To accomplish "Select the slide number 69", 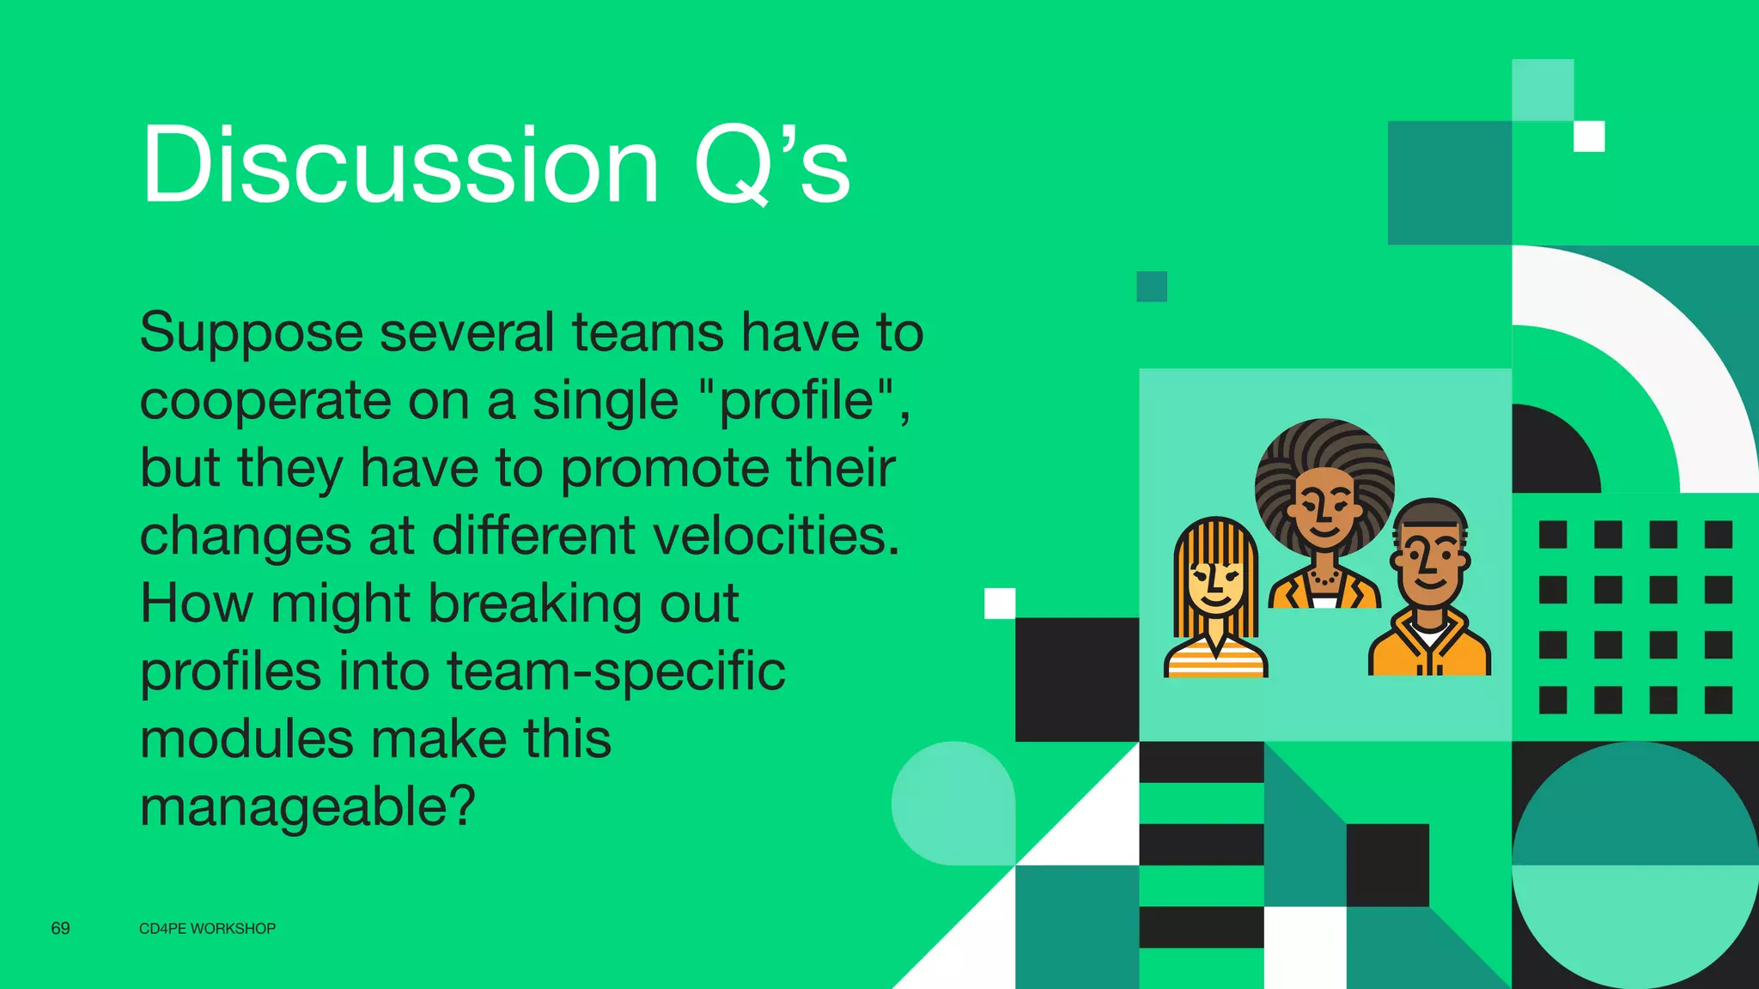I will (60, 928).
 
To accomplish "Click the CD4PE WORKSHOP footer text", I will (207, 929).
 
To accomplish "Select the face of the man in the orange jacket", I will (1430, 561).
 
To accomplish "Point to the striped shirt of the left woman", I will (1215, 661).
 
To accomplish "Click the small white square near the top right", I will (1589, 137).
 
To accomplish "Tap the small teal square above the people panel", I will (1152, 287).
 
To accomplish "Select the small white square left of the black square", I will (1000, 604).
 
